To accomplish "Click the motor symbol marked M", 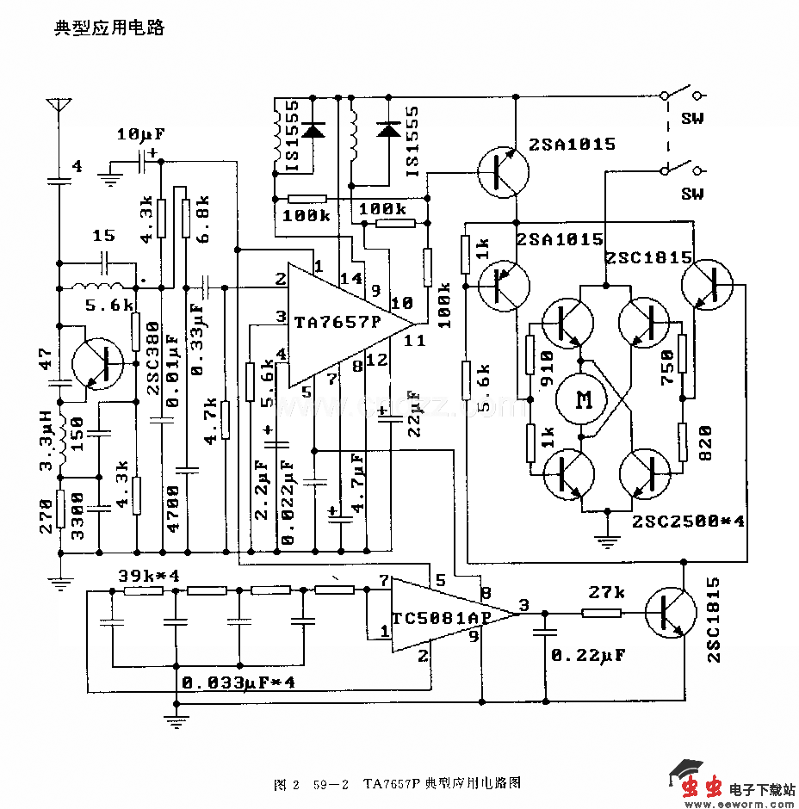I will (x=585, y=398).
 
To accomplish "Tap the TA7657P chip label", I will (x=336, y=324).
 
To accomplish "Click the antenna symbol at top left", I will (x=59, y=108).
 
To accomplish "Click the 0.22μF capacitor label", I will (x=588, y=655).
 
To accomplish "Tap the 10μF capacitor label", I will (x=140, y=134).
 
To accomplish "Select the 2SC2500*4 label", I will (x=688, y=521).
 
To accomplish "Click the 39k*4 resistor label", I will (x=148, y=575).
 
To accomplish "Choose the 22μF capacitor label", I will (x=414, y=414).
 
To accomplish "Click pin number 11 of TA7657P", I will (x=414, y=341).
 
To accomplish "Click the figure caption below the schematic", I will (x=397, y=783).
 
